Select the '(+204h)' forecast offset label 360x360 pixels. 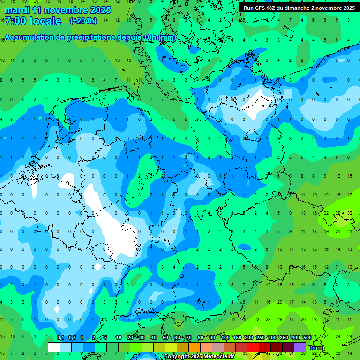click(x=83, y=21)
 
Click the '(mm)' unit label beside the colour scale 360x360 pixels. click(x=317, y=348)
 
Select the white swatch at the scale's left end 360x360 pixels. click(x=54, y=347)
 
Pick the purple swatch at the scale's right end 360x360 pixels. click(x=300, y=347)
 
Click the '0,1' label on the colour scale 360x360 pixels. click(x=60, y=338)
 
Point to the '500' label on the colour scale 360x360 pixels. click(x=307, y=338)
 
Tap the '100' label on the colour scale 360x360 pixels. click(x=225, y=338)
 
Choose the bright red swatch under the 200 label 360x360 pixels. click(x=253, y=347)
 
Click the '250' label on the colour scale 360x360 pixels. click(x=261, y=338)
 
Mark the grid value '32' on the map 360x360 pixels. click(x=349, y=213)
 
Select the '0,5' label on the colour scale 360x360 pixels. click(x=72, y=338)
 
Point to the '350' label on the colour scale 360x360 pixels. click(x=284, y=338)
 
